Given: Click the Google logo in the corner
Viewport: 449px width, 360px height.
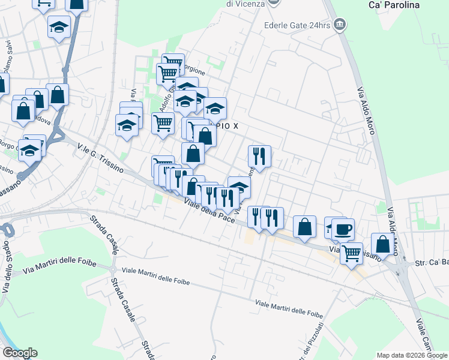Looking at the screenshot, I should coord(20,353).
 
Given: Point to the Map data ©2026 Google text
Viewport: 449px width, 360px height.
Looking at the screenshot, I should coord(412,355).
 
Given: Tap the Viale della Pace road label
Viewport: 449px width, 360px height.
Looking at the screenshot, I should coord(209,211).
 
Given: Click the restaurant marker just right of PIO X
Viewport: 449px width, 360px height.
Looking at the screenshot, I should coord(259,156).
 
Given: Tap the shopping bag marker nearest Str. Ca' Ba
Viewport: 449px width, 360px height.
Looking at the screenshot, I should coord(382,244).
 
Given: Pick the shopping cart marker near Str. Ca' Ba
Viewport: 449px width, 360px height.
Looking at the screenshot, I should coord(351,253).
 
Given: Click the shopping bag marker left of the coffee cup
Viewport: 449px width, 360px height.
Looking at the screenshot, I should coord(304,227).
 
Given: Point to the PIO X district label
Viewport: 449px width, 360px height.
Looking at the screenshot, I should coord(227,127).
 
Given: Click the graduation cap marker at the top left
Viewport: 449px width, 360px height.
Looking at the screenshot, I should coord(59,28).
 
